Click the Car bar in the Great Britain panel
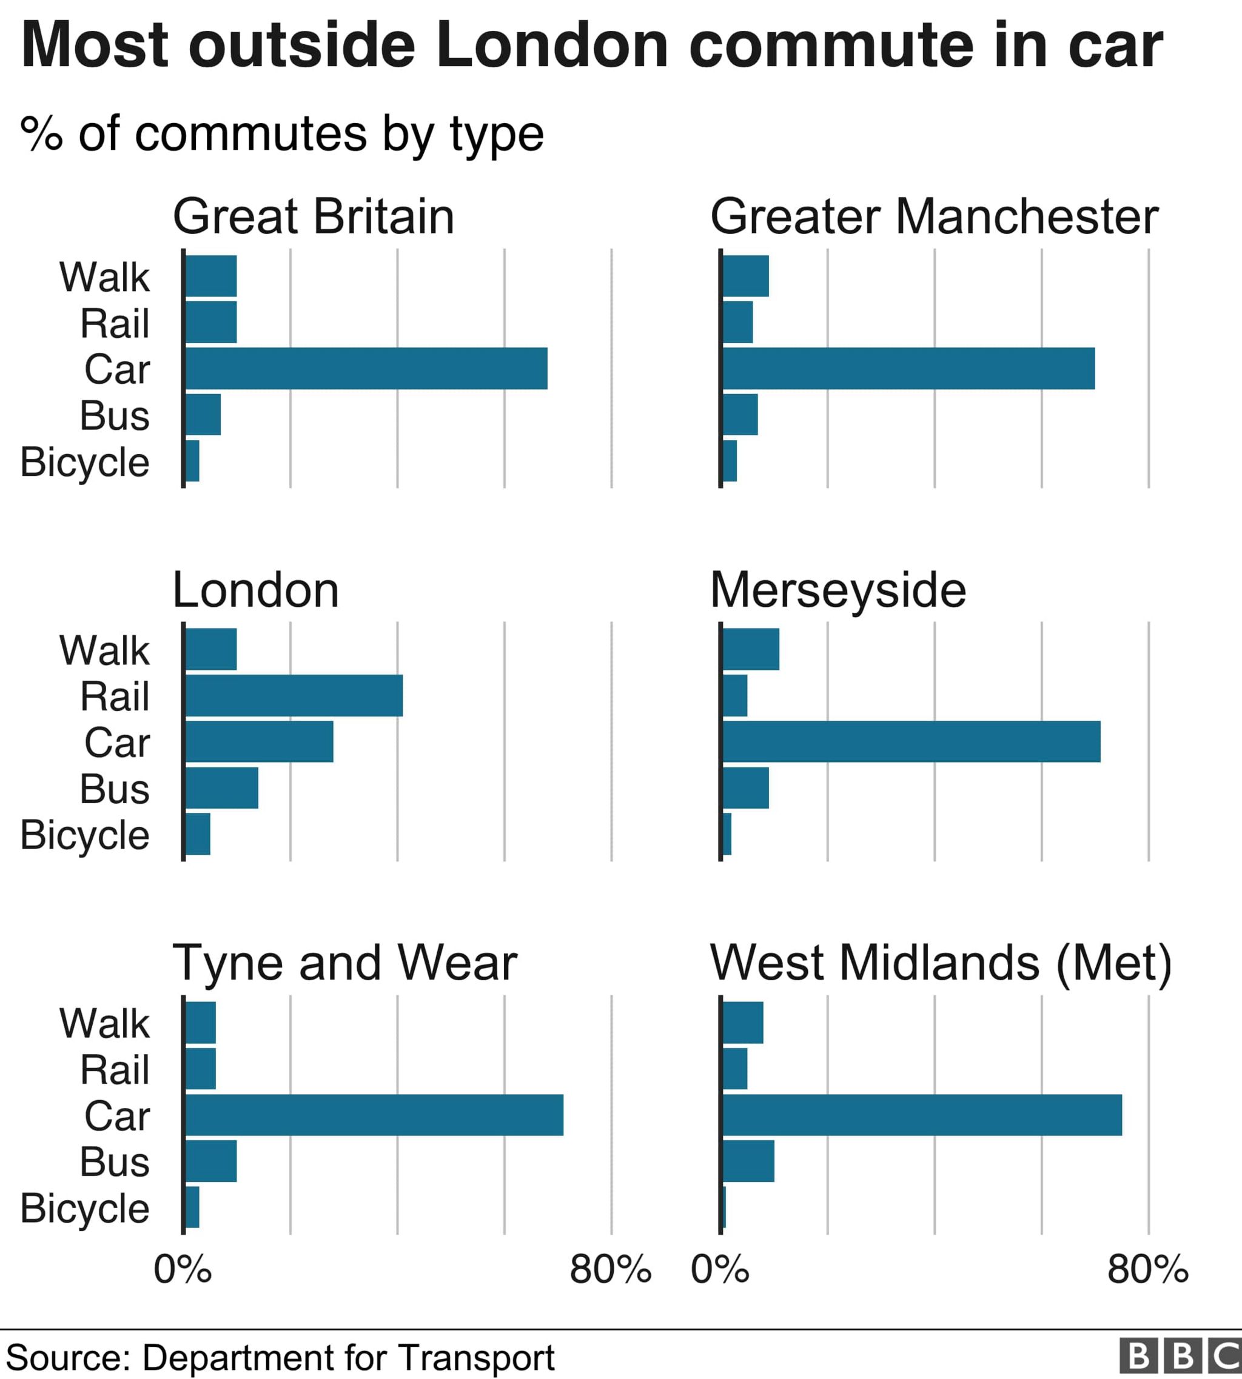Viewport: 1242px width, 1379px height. [366, 369]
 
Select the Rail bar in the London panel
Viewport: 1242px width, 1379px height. [294, 695]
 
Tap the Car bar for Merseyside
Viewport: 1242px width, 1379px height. [911, 741]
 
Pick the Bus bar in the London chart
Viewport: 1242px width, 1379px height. [222, 788]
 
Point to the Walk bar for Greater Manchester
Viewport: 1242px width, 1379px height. [745, 276]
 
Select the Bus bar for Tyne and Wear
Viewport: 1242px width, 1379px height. [211, 1161]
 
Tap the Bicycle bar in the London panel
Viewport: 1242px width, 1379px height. [198, 833]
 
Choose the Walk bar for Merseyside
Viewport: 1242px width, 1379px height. [751, 649]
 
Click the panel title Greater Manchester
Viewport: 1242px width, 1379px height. [933, 217]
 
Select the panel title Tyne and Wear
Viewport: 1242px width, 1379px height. [344, 963]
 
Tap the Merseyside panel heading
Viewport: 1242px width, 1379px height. [838, 590]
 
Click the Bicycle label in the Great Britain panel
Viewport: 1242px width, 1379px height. [85, 462]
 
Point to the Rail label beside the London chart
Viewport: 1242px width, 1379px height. [115, 696]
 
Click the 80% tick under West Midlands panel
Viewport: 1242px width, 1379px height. [1148, 1269]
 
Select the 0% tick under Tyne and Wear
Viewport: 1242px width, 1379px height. [182, 1269]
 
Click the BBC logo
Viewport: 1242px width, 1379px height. [1179, 1355]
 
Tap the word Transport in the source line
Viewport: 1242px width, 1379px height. [476, 1357]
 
